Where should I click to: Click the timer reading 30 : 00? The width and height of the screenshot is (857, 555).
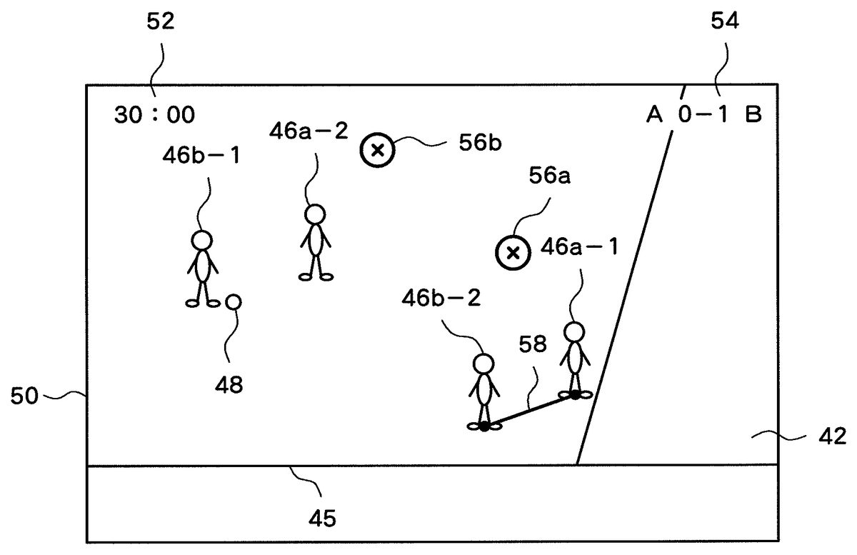pos(154,114)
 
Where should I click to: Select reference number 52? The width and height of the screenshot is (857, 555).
pos(161,22)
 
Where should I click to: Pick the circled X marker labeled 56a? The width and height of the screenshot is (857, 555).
pos(512,251)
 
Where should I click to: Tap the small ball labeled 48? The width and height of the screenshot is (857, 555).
pos(233,302)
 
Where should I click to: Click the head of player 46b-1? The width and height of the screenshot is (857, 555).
pos(202,240)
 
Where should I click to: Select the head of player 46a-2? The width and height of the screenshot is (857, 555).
pos(314,214)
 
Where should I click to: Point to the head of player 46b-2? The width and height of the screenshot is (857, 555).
pos(483,364)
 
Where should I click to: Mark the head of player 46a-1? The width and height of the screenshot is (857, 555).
pos(574,331)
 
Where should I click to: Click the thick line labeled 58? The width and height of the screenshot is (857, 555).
pos(529,411)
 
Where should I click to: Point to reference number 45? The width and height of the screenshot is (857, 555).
pos(322,517)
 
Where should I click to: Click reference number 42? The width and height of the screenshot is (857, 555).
pos(831,436)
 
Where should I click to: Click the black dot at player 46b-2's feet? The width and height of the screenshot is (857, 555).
pos(484,426)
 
